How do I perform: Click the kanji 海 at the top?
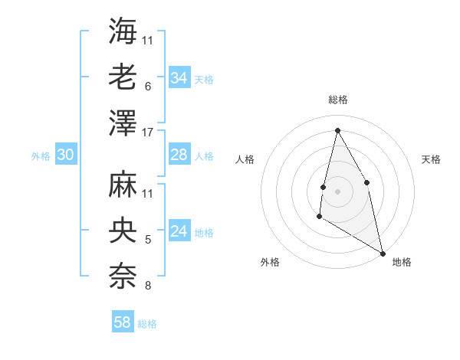123,31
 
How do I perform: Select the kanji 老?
123,77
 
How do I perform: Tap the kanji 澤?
123,122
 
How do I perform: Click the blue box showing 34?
179,78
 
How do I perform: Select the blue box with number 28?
179,155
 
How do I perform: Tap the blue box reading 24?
179,231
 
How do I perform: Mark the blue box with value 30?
65,155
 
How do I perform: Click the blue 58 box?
123,322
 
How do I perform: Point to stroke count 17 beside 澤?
147,132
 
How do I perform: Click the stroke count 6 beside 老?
147,87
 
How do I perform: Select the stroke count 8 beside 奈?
147,286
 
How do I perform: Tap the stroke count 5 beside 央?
147,240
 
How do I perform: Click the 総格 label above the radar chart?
337,100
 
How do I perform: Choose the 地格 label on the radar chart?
402,262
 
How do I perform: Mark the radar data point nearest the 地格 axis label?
383,253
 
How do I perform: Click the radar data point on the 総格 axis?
337,129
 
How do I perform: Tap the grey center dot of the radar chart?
337,191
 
